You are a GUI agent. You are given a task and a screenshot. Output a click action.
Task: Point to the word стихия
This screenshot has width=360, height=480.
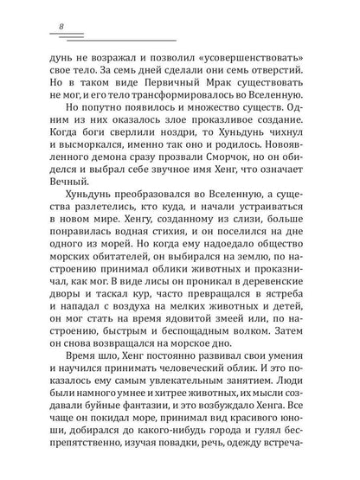(x=196, y=253)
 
